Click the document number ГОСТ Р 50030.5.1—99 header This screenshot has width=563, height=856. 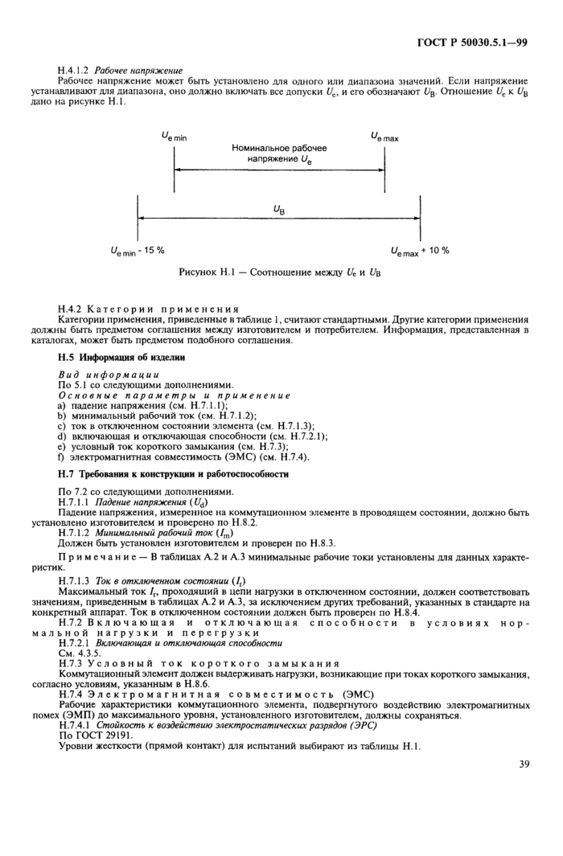click(x=479, y=43)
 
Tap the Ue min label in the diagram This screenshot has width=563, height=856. click(x=174, y=137)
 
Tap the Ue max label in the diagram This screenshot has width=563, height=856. click(x=384, y=137)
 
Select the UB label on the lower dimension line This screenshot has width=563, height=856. click(x=278, y=209)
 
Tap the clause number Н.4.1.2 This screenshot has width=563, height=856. click(x=78, y=71)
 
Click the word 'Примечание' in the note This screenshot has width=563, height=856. click(x=99, y=557)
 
